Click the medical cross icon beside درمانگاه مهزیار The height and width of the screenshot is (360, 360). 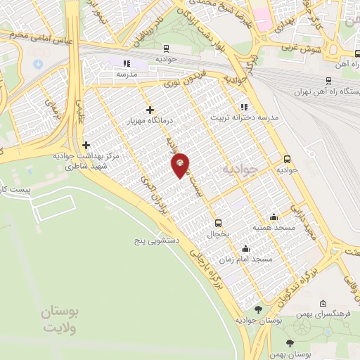(x=150, y=110)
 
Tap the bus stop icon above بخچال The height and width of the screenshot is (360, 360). (x=217, y=223)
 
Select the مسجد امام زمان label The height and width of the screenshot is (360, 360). (x=245, y=259)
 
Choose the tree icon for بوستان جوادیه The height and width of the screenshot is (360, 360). (x=259, y=309)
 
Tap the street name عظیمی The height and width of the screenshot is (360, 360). (x=79, y=110)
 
